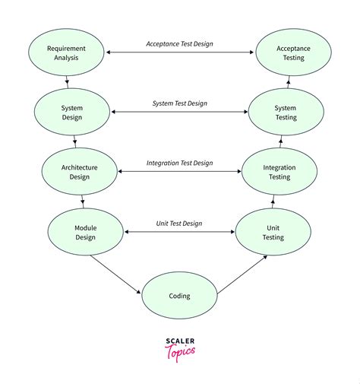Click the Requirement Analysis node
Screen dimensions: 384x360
pyautogui.click(x=67, y=53)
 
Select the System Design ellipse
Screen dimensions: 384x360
pyautogui.click(x=72, y=113)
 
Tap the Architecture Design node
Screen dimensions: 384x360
pyautogui.click(x=79, y=172)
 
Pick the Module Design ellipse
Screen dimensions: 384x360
pyautogui.click(x=85, y=232)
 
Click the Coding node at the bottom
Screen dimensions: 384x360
pyautogui.click(x=179, y=296)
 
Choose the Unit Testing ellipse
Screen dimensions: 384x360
pyautogui.click(x=273, y=232)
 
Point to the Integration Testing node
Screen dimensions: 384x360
pyautogui.click(x=279, y=172)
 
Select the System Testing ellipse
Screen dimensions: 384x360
pyautogui.click(x=286, y=113)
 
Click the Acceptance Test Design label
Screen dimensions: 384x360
pyautogui.click(x=179, y=44)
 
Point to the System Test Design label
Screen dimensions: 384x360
pyautogui.click(x=179, y=103)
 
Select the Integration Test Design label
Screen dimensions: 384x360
pyautogui.click(x=179, y=163)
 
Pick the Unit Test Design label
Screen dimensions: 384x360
pyautogui.click(x=179, y=223)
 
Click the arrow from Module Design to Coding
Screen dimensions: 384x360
pyautogui.click(x=116, y=274)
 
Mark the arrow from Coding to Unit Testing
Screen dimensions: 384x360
pyautogui.click(x=242, y=274)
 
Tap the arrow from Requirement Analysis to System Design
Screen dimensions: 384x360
pyautogui.click(x=68, y=80)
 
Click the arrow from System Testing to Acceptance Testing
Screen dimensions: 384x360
pyautogui.click(x=289, y=83)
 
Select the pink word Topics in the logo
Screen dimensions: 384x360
pyautogui.click(x=180, y=351)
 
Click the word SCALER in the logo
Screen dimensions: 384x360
pyautogui.click(x=180, y=341)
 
